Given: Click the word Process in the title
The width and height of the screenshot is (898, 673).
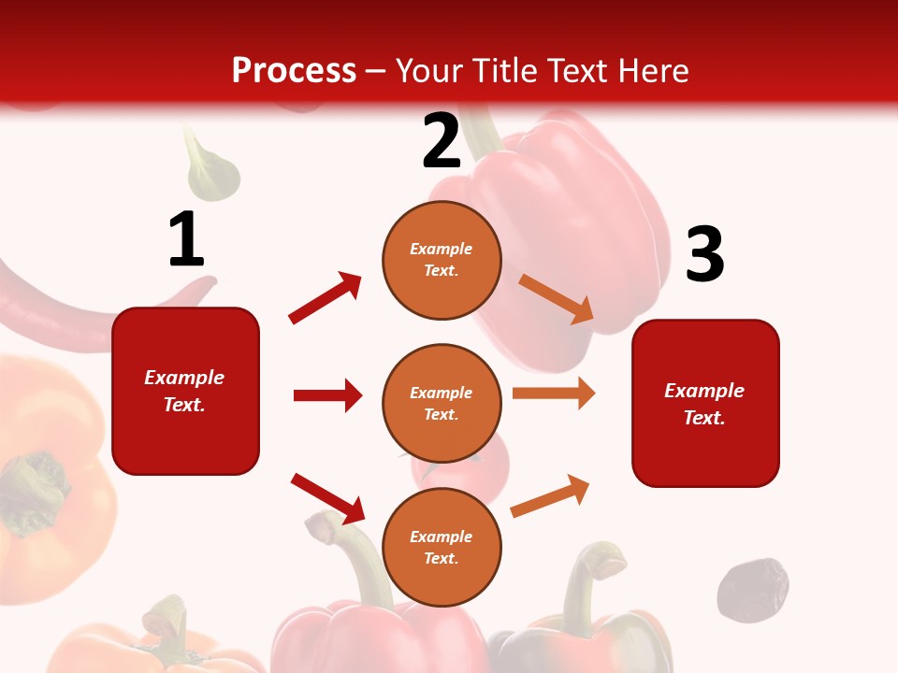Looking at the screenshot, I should (x=294, y=70).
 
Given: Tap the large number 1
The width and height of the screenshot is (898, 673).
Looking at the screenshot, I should (x=186, y=239).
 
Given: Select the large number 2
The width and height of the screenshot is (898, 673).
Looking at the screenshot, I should (x=442, y=141).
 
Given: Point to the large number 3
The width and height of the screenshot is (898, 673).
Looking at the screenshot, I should (x=704, y=254).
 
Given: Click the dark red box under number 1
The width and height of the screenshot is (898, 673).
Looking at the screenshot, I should (x=185, y=391).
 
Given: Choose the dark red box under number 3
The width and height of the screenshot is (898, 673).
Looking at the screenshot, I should (x=705, y=403).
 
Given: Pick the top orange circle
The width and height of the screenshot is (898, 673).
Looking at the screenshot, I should (x=442, y=260).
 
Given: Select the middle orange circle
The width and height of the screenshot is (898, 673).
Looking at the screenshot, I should (x=442, y=403).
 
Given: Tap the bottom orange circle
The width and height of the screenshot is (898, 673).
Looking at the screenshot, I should (x=442, y=547).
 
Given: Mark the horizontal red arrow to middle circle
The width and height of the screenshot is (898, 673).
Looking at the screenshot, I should (x=327, y=395).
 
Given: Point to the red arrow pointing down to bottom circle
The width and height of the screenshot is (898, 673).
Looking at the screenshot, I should (x=327, y=498).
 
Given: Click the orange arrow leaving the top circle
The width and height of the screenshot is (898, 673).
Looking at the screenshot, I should (x=556, y=298).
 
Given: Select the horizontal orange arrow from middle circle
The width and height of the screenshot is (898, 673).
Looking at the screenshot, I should (x=554, y=394).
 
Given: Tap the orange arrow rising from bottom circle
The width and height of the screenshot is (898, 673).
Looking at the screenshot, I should (x=551, y=495).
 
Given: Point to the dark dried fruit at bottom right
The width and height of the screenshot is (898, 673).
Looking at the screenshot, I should (x=752, y=590).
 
